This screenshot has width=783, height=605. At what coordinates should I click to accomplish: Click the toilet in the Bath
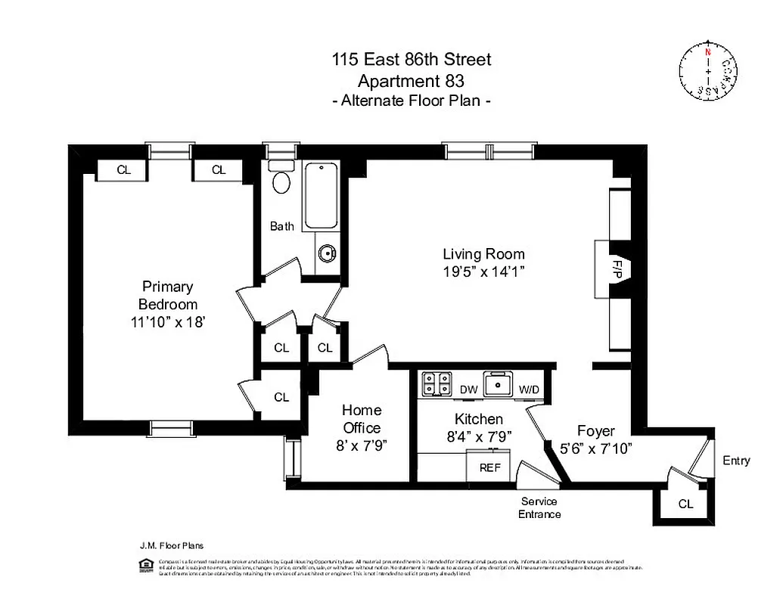click(281, 179)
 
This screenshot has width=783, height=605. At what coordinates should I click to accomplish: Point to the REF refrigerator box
click(490, 467)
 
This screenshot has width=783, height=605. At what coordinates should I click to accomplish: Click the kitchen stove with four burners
click(437, 383)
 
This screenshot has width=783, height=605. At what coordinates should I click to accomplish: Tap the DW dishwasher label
click(469, 389)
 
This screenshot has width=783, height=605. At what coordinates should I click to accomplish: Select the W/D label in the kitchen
click(530, 389)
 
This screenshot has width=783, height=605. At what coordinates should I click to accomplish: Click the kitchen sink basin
click(499, 386)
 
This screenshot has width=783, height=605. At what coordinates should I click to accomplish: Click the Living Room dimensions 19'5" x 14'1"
click(483, 271)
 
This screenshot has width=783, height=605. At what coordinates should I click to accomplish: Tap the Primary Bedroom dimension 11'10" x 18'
click(167, 321)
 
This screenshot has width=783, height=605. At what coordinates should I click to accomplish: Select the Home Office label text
click(362, 419)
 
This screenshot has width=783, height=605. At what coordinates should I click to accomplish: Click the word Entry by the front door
click(736, 461)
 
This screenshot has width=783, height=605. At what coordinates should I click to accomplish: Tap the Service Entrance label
click(539, 507)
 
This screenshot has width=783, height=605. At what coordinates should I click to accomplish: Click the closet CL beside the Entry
click(685, 504)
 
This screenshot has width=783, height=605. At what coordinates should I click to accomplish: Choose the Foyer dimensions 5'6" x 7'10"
click(596, 447)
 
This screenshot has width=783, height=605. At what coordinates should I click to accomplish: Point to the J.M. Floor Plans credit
click(171, 544)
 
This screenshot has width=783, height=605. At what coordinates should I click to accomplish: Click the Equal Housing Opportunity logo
click(144, 566)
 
